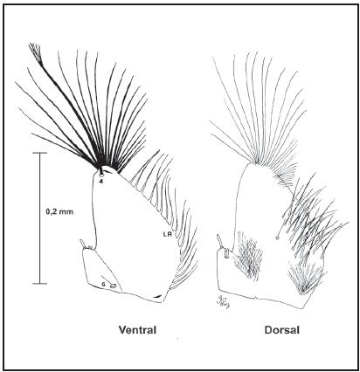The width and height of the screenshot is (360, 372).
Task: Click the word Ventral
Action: click(137, 330)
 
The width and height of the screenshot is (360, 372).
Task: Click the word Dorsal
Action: click(282, 330)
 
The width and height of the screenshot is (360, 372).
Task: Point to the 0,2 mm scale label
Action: click(59, 211)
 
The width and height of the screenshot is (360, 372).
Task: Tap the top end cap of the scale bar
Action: click(39, 153)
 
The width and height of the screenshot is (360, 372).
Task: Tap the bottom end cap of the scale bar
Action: click(39, 283)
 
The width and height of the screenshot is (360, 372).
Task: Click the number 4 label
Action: click(100, 181)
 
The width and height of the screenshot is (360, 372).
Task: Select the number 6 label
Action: click(103, 285)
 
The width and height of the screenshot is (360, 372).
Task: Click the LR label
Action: click(167, 233)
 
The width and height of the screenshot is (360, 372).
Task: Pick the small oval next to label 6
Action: click(113, 286)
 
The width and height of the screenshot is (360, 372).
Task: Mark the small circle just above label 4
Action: click(101, 176)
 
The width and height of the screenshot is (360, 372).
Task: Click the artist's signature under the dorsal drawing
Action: click(221, 302)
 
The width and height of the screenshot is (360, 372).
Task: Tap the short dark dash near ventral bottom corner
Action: click(156, 296)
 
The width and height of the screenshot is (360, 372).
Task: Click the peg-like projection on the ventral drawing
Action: click(83, 244)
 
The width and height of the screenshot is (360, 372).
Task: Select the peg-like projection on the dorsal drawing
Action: click(220, 240)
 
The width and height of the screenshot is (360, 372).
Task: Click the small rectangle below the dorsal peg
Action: click(227, 253)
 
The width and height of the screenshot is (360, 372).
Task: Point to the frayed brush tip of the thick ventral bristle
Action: click(35, 51)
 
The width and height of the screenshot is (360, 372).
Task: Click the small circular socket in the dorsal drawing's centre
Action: click(278, 238)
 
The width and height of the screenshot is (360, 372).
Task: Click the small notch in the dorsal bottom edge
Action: click(255, 298)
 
